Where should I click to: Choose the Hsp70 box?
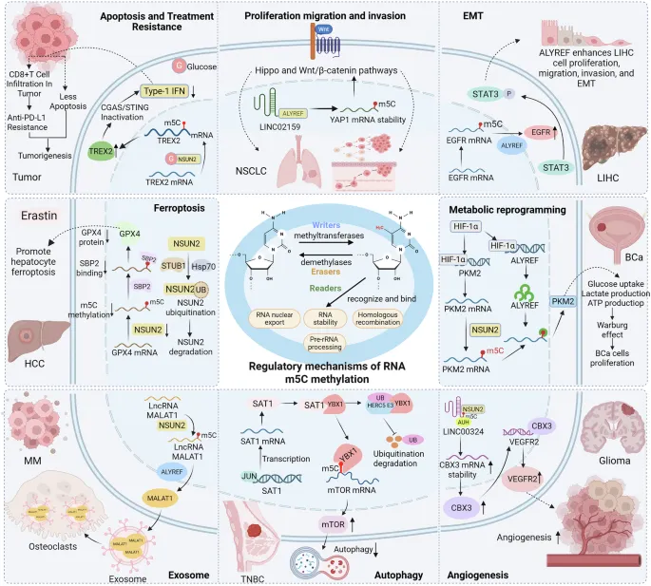pos(195,268)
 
